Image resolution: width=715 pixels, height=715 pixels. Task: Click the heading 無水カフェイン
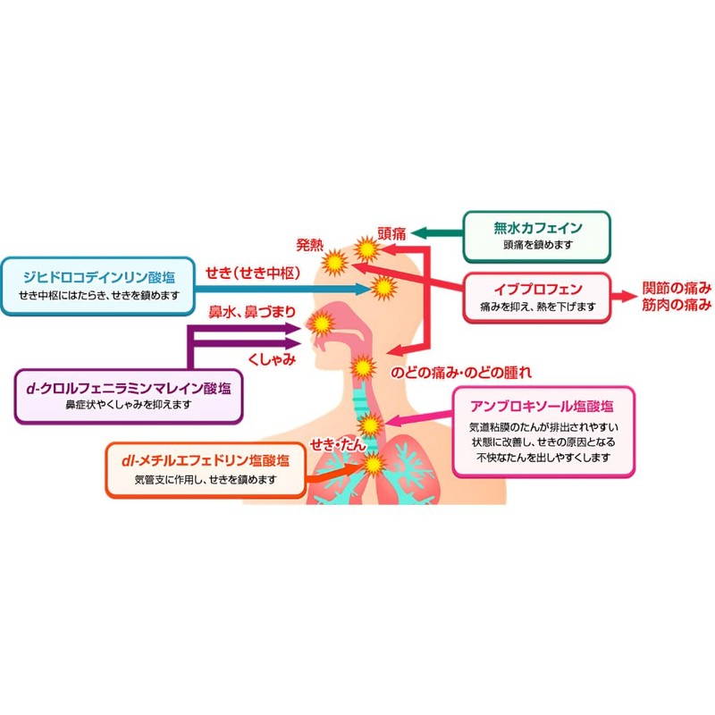pos(538,228)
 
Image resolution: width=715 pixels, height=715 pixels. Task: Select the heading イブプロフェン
pos(538,289)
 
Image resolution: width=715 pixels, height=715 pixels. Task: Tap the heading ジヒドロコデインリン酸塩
pos(99,277)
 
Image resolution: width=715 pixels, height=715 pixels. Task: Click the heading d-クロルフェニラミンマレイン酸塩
pos(129,388)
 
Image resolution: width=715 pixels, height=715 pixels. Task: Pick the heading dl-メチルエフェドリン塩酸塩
pos(206,460)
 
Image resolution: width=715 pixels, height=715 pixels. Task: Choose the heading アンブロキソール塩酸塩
pos(542,406)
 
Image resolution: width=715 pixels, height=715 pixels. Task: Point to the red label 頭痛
pos(391,233)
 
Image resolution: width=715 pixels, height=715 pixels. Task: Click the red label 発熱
pos(309,245)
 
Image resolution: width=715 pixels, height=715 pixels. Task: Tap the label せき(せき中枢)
pos(253,273)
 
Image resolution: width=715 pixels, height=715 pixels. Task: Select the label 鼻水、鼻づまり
pos(252,312)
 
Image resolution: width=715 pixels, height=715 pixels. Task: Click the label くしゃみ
pos(272,359)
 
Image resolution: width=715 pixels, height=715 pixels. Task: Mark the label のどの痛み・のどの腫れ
pos(461,373)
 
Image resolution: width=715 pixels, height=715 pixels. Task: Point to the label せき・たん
pos(338,444)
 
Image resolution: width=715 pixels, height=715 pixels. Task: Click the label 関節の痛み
pos(677,288)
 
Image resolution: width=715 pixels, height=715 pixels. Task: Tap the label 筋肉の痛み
pos(677,305)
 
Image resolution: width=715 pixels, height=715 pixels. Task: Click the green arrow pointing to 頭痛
pos(437,233)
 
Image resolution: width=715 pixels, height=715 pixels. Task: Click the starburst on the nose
pos(322,323)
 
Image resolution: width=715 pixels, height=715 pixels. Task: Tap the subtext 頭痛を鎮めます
pos(538,245)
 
